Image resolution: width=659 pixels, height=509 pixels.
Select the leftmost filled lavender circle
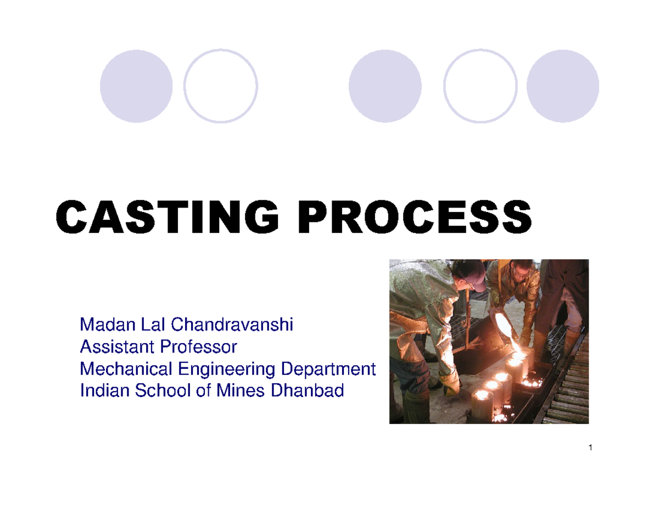pos(136,86)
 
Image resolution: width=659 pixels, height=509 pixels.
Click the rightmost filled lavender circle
pos(563,86)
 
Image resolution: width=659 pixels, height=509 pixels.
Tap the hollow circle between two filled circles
pos(480,86)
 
